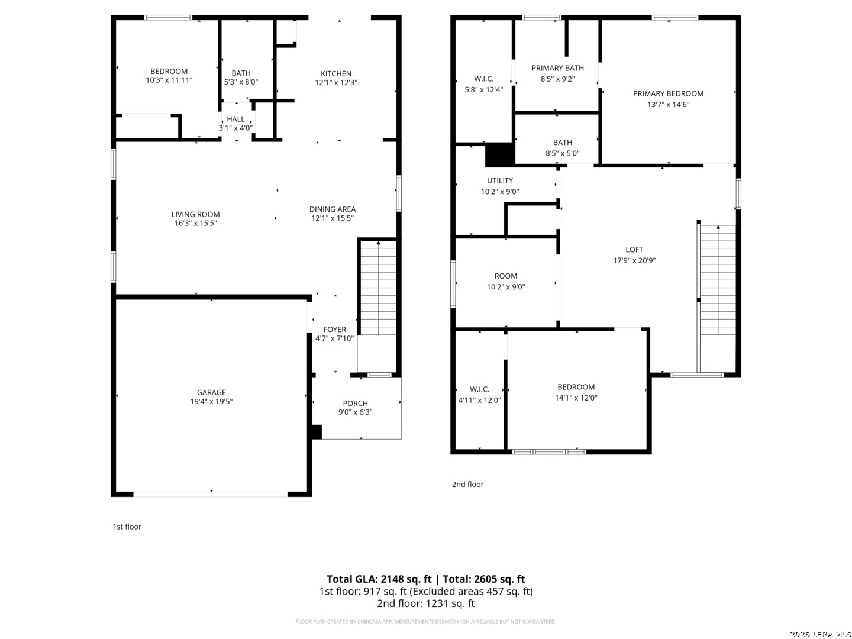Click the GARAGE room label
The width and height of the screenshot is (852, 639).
click(211, 392)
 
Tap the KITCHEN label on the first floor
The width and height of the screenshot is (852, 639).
click(335, 73)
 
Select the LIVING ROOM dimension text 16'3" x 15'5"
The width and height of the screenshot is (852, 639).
click(196, 223)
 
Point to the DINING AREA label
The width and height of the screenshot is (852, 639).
click(333, 209)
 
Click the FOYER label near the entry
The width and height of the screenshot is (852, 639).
click(335, 330)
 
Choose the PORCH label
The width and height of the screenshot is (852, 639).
click(355, 403)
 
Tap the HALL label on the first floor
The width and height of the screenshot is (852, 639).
click(235, 119)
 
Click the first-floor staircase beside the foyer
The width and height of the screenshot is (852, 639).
click(378, 288)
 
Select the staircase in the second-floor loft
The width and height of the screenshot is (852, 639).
click(717, 280)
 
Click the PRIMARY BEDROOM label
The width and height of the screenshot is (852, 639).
click(667, 93)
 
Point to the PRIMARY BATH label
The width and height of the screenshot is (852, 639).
click(557, 68)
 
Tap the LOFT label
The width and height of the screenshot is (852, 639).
click(634, 250)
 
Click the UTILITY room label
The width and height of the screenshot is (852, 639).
click(500, 180)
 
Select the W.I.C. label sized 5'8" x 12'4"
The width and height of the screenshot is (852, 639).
click(483, 79)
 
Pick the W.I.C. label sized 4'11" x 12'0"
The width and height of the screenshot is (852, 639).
click(479, 389)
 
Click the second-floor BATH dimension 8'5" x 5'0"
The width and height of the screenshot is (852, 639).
click(563, 153)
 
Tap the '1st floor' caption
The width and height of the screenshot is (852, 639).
click(127, 527)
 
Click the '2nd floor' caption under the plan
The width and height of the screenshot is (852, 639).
click(468, 484)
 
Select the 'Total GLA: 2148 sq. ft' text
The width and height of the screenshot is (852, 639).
click(379, 579)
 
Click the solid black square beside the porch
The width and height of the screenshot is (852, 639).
click(317, 432)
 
